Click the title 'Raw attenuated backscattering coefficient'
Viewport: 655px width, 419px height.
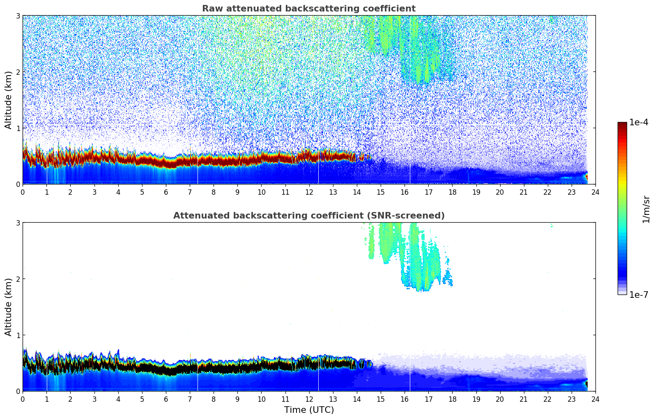coord(308,9)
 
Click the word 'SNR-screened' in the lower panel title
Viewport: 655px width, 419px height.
coord(413,216)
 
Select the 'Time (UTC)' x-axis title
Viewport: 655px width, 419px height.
coord(309,410)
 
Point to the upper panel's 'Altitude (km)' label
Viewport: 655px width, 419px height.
coord(9,100)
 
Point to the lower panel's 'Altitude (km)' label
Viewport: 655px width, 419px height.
coord(9,307)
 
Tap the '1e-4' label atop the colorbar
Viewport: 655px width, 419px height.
coord(639,122)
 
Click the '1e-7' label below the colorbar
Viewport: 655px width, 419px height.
coord(639,295)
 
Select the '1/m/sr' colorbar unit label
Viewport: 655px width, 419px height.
coord(646,209)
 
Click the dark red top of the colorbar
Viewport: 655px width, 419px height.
coord(622,124)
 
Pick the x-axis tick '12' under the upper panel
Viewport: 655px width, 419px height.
coord(309,192)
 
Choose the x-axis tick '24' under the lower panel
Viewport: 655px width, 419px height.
coord(595,399)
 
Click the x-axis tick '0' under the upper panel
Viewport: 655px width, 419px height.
coord(23,192)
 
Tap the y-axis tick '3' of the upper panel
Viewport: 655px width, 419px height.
coord(18,16)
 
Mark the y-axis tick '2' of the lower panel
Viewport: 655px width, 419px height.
coord(18,279)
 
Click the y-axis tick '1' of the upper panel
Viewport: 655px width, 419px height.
coord(18,128)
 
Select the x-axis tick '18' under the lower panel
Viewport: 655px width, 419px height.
coord(452,399)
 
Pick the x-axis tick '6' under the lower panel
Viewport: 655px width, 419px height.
coord(166,399)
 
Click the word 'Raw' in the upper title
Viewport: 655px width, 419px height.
coord(211,9)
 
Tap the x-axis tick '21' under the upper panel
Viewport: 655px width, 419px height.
coord(524,192)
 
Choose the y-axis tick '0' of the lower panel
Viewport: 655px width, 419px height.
coord(18,391)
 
